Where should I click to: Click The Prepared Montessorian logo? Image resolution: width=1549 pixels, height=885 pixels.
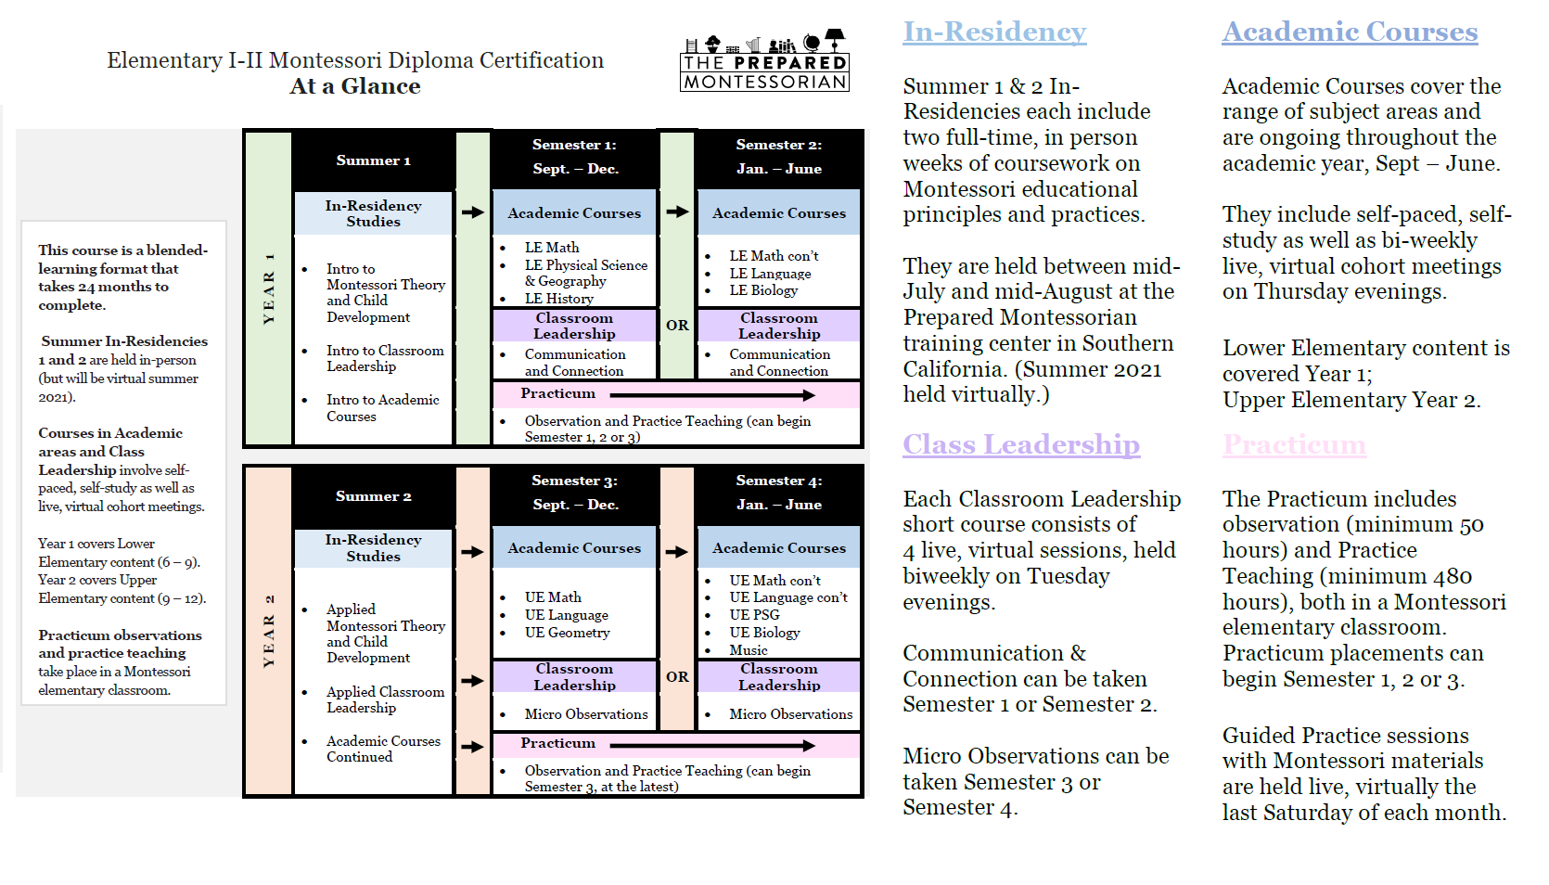coord(764,60)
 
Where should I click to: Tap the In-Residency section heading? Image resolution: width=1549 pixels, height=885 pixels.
coord(994,32)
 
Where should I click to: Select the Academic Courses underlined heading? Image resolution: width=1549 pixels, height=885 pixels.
coord(1350,32)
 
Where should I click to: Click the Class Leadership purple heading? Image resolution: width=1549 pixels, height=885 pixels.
coord(1021,444)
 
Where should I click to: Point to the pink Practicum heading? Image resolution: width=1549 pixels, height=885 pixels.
coord(1294,444)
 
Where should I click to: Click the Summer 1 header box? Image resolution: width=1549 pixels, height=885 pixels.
coord(374,160)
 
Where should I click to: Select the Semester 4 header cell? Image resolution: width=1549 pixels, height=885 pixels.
coord(778,493)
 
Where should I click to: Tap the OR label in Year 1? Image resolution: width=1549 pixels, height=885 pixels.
coord(677,325)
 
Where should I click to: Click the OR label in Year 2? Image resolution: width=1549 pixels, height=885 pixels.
coord(677,677)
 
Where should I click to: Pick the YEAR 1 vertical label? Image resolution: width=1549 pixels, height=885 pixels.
coord(269,289)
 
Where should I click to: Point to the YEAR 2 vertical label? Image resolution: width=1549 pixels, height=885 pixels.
coord(269,631)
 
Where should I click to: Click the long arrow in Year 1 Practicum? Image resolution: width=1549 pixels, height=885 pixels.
coord(712,395)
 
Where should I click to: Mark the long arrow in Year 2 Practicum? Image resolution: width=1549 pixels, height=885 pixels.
coord(712,745)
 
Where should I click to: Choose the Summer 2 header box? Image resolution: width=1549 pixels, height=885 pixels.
coord(374,496)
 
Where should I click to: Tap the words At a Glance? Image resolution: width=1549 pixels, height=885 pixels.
coord(354,86)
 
